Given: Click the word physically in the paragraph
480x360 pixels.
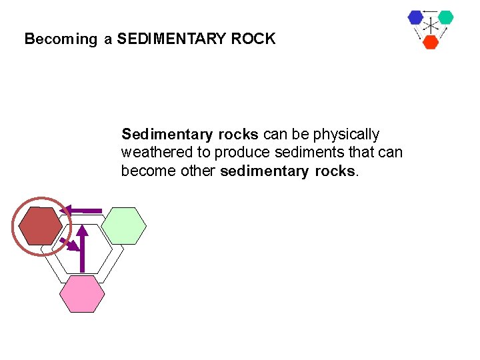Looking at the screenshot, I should click(346, 135).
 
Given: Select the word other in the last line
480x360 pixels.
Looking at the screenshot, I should click(198, 171).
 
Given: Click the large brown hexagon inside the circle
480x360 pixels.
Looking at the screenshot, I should click(40, 227).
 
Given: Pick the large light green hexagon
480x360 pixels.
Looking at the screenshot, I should click(124, 226).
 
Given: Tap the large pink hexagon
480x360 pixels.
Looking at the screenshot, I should click(82, 294).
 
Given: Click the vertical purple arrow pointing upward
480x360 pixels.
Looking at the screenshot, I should click(82, 249).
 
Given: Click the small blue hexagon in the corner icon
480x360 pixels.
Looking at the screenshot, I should click(416, 17).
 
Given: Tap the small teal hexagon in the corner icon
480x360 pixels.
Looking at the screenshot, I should click(445, 17).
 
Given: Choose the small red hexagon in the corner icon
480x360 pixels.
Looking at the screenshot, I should click(431, 42).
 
